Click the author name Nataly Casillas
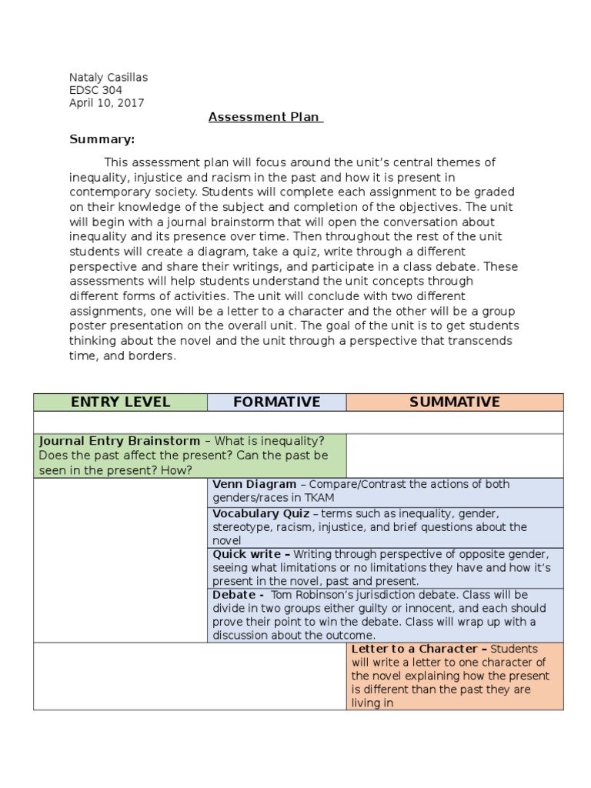[109, 77]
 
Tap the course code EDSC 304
[95, 90]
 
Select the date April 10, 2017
[106, 103]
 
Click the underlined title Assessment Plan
[265, 118]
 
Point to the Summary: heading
[102, 139]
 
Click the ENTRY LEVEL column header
[120, 402]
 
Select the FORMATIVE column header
[276, 402]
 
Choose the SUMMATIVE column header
[454, 402]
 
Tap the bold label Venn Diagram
[254, 485]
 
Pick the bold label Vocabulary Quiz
[261, 513]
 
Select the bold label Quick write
[248, 554]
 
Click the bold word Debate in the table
[234, 595]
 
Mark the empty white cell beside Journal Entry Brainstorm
[454, 455]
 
